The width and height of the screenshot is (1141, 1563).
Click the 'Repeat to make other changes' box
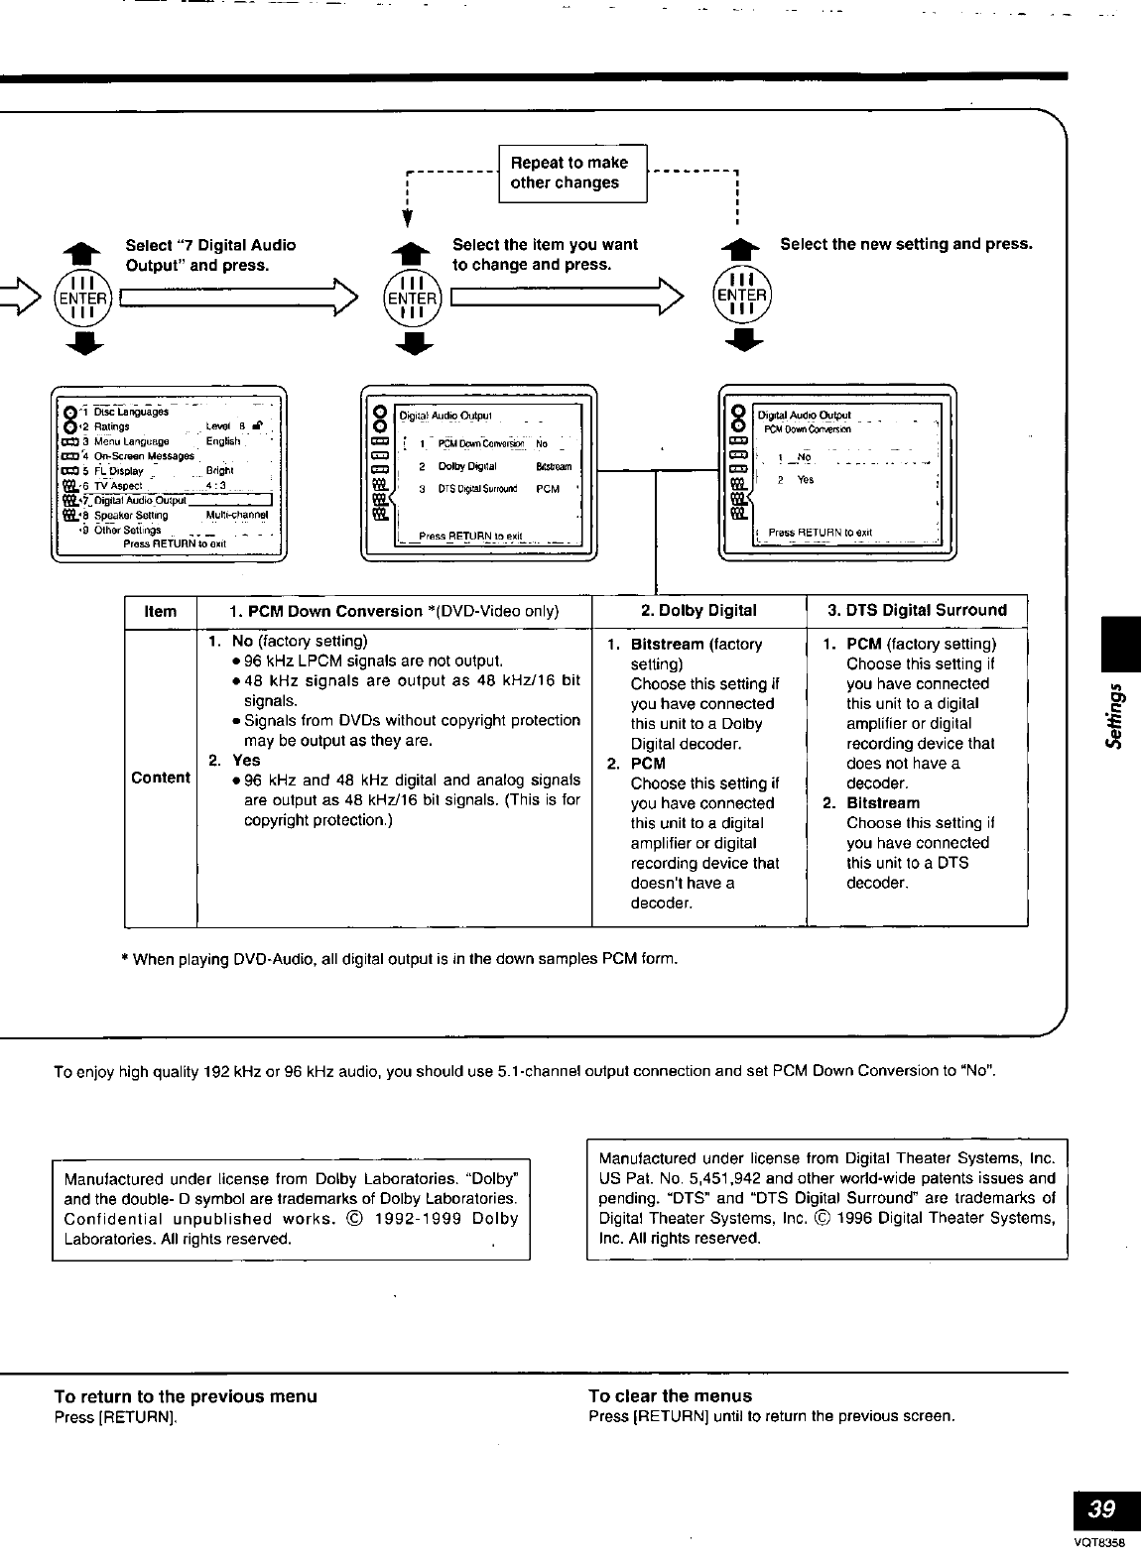(x=571, y=173)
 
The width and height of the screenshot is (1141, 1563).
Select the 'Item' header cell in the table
(x=161, y=611)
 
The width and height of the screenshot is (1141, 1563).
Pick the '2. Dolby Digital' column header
(x=698, y=611)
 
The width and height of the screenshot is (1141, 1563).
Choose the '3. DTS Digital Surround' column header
(x=917, y=611)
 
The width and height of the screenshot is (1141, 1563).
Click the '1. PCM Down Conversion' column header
(x=394, y=611)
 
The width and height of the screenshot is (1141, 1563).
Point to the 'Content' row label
(x=161, y=779)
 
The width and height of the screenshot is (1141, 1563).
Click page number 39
(x=1101, y=1509)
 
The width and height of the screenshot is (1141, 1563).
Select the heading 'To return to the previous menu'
(x=186, y=1396)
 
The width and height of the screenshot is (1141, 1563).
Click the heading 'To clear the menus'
(x=670, y=1396)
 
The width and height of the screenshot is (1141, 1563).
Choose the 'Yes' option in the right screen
(x=806, y=480)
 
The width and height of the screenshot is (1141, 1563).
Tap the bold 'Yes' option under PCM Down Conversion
(x=246, y=761)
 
